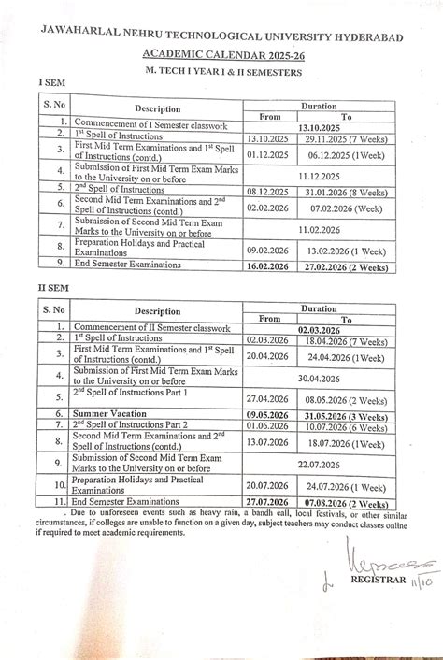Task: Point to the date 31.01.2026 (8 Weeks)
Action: click(x=345, y=188)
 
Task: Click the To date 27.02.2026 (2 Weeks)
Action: click(x=345, y=265)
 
